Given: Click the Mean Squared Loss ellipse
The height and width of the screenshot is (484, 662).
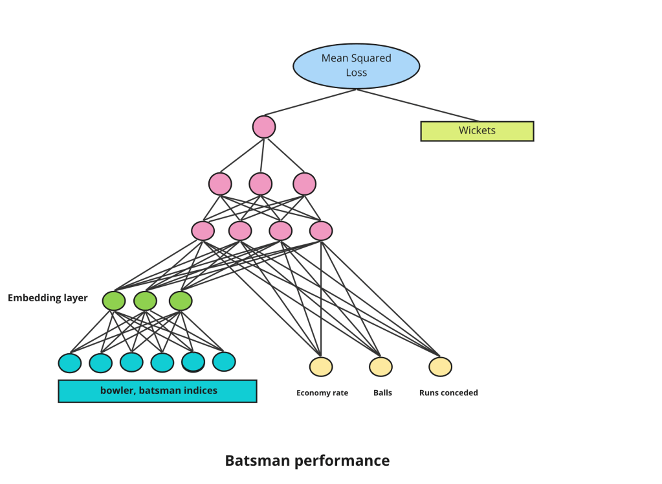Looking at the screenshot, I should click(x=357, y=65).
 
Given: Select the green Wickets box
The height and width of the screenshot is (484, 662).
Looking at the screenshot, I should click(x=477, y=131).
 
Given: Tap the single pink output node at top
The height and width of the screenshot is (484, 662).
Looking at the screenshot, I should click(x=264, y=126).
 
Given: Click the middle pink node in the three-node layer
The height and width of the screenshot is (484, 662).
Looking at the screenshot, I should click(x=261, y=184).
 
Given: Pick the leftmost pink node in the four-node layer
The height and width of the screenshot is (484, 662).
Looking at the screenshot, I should click(x=203, y=231).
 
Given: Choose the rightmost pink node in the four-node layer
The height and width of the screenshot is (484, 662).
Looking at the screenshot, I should click(x=321, y=231).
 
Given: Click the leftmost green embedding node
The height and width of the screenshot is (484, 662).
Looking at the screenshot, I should click(x=114, y=301).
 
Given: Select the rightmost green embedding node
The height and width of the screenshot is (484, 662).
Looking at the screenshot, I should click(x=181, y=301).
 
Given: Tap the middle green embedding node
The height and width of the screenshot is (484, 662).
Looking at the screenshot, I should click(x=146, y=301).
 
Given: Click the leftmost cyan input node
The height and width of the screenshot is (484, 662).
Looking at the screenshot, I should click(x=70, y=363).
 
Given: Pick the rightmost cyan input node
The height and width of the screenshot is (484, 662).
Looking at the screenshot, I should click(x=224, y=362).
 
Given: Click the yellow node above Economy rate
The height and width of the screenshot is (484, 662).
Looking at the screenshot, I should click(x=321, y=367).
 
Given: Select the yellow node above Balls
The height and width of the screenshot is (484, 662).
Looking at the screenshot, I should click(x=381, y=367).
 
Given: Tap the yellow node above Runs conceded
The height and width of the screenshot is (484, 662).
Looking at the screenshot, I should click(x=440, y=367).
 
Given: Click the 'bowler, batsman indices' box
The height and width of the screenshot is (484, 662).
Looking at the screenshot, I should click(x=158, y=391).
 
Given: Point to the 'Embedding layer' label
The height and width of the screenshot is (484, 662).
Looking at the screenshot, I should click(x=47, y=298).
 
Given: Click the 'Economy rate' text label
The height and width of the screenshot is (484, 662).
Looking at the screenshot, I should click(x=322, y=393).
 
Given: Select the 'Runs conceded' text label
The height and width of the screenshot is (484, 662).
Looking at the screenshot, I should click(x=448, y=393).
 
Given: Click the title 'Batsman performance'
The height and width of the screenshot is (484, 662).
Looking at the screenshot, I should click(x=307, y=461).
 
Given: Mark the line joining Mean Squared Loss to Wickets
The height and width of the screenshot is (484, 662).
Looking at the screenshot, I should click(x=417, y=105).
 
